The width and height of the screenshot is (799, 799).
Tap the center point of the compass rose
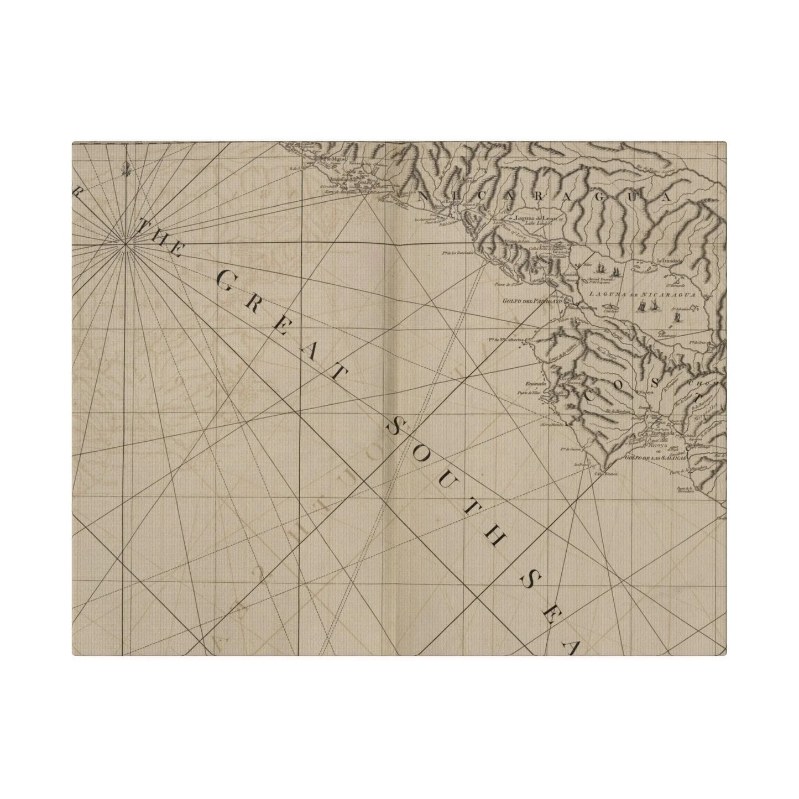[126, 242]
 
